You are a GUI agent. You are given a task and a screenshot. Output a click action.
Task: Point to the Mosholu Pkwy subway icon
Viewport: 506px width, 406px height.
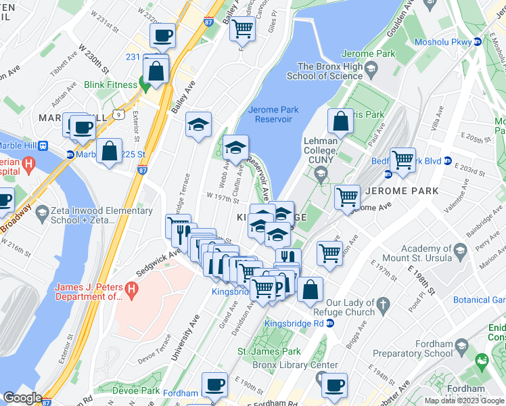pos(478,42)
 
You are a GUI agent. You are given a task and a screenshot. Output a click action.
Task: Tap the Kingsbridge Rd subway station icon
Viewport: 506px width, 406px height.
pos(329,323)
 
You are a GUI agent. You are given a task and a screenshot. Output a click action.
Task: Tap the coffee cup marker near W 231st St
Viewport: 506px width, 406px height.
pos(162,35)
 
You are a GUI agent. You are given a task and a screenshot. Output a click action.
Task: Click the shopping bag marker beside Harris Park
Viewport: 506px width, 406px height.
pos(341,122)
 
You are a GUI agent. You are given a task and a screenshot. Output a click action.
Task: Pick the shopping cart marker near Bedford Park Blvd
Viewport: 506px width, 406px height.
pos(402,160)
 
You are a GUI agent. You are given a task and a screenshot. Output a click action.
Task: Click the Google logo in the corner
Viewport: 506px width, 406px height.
pos(22,398)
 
